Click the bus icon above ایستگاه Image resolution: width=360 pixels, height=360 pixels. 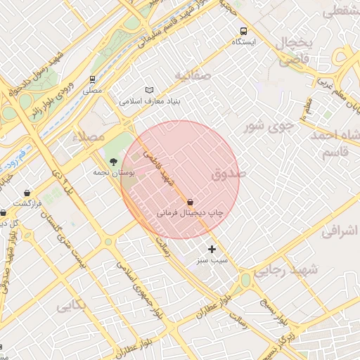[243, 31]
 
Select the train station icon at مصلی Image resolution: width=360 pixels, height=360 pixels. [92, 79]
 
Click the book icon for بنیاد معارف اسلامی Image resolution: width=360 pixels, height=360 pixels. [148, 90]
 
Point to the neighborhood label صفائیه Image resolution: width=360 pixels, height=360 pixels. [193, 75]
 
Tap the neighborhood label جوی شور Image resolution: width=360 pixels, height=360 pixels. [268, 127]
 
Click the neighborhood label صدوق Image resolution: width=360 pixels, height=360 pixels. [229, 172]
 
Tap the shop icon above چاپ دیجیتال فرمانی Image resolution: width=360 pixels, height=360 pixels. [191, 201]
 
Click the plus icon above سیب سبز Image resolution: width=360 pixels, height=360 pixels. [212, 249]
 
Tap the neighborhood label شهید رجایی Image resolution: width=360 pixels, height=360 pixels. [285, 269]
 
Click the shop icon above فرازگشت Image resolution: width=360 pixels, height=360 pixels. [27, 193]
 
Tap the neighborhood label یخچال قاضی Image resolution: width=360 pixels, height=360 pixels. [295, 51]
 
